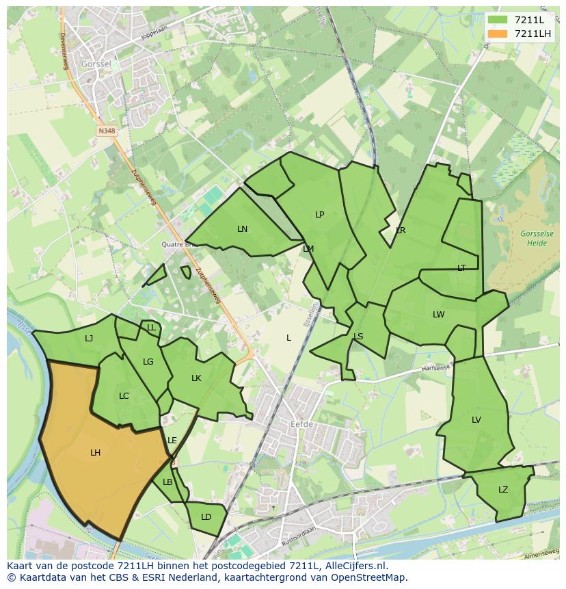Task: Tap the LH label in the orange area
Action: [95, 453]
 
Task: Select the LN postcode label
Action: [242, 229]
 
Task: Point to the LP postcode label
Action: [319, 215]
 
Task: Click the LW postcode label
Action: [438, 315]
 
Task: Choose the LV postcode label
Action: [476, 420]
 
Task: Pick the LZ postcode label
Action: [503, 490]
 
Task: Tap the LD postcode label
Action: [206, 517]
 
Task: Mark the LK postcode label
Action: [196, 378]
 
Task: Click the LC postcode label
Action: [124, 396]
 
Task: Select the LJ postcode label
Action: [89, 338]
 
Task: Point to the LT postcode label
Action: [461, 268]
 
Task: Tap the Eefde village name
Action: [301, 424]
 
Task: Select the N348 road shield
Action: [106, 130]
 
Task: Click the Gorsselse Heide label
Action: [537, 238]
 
